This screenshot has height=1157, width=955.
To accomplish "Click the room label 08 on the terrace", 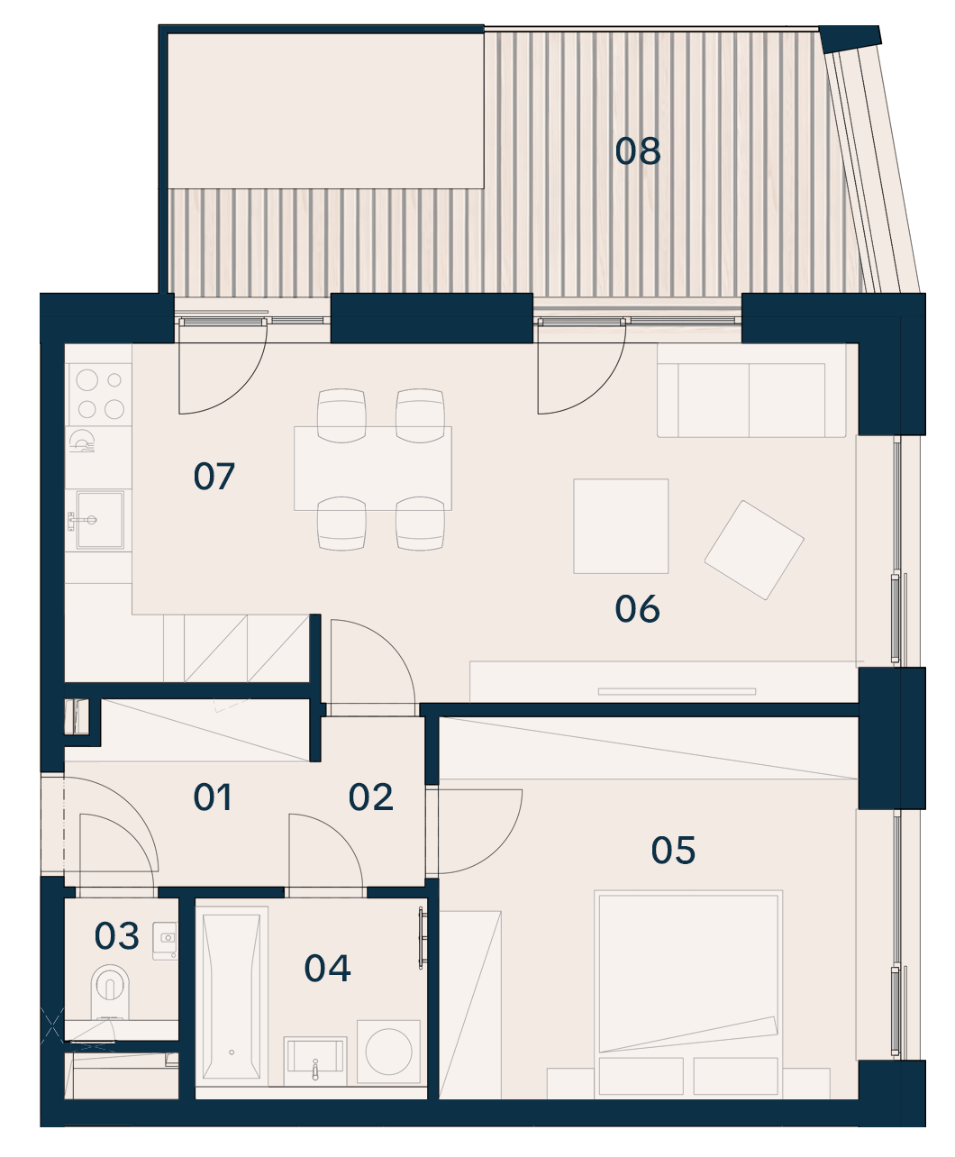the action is click(x=638, y=150).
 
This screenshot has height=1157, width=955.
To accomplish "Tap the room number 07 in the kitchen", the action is click(x=214, y=476).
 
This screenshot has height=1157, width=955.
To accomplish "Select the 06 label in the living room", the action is click(x=637, y=609).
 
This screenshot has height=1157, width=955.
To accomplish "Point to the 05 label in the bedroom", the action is click(x=673, y=851).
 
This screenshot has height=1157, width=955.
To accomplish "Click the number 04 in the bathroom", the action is click(x=327, y=968).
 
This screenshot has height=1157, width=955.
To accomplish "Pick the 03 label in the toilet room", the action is click(x=116, y=936).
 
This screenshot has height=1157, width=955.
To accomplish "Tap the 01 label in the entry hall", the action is click(x=213, y=797).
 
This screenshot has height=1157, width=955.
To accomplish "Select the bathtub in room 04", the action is click(x=232, y=996).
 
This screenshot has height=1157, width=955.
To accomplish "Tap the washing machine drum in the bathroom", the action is click(x=388, y=1052).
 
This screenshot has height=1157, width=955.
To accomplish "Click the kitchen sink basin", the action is click(x=100, y=519).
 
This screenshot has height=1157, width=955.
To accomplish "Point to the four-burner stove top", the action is click(x=100, y=395).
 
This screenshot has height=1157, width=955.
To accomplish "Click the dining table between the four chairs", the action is click(x=373, y=469).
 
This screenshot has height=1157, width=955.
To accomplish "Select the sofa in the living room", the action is click(x=751, y=390).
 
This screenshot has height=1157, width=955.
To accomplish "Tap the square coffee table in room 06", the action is click(x=621, y=526).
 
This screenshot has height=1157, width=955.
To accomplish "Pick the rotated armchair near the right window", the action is click(x=754, y=550).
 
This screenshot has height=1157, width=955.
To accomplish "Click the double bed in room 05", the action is click(x=688, y=994).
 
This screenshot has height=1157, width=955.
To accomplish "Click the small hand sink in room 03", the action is click(x=166, y=937).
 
